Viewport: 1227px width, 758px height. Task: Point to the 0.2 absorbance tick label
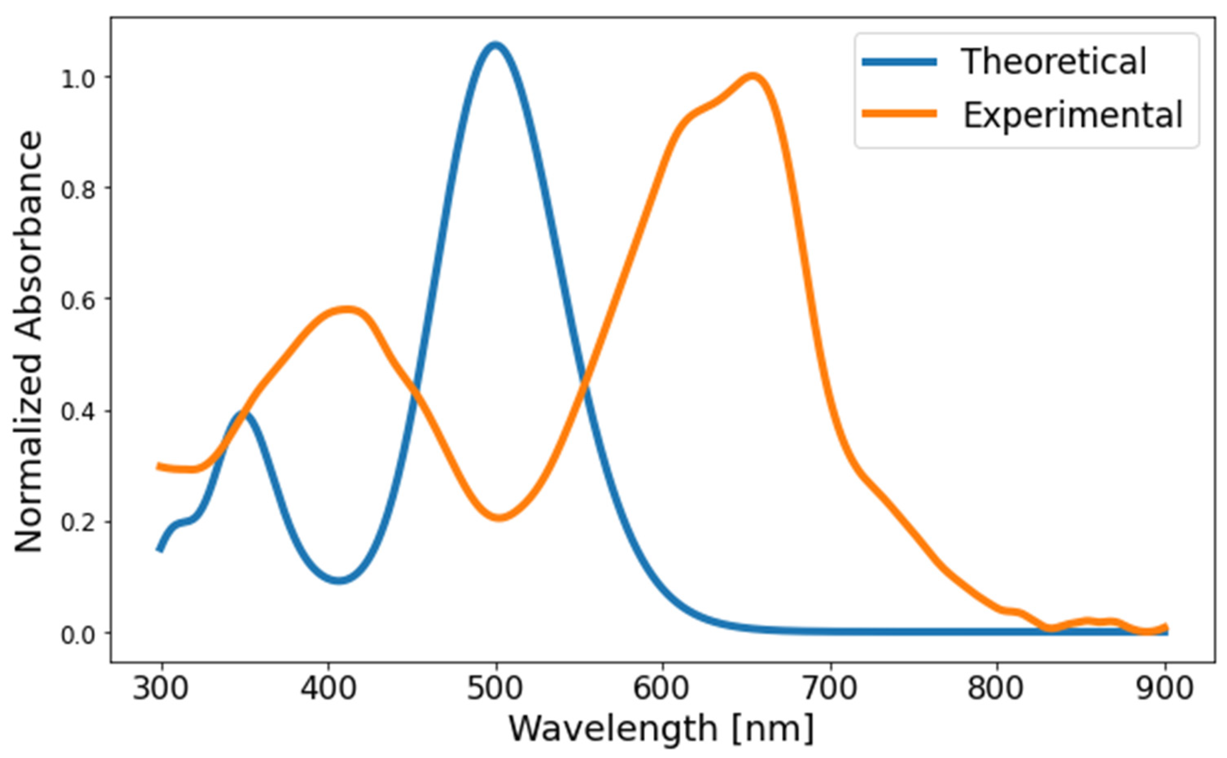[77, 523]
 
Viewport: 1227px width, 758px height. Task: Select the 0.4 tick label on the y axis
[77, 412]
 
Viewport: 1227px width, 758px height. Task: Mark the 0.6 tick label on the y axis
[77, 299]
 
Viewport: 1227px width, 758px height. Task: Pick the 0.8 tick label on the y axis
[77, 189]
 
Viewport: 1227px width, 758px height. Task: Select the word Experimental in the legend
[1073, 115]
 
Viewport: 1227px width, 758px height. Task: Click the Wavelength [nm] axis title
[662, 728]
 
